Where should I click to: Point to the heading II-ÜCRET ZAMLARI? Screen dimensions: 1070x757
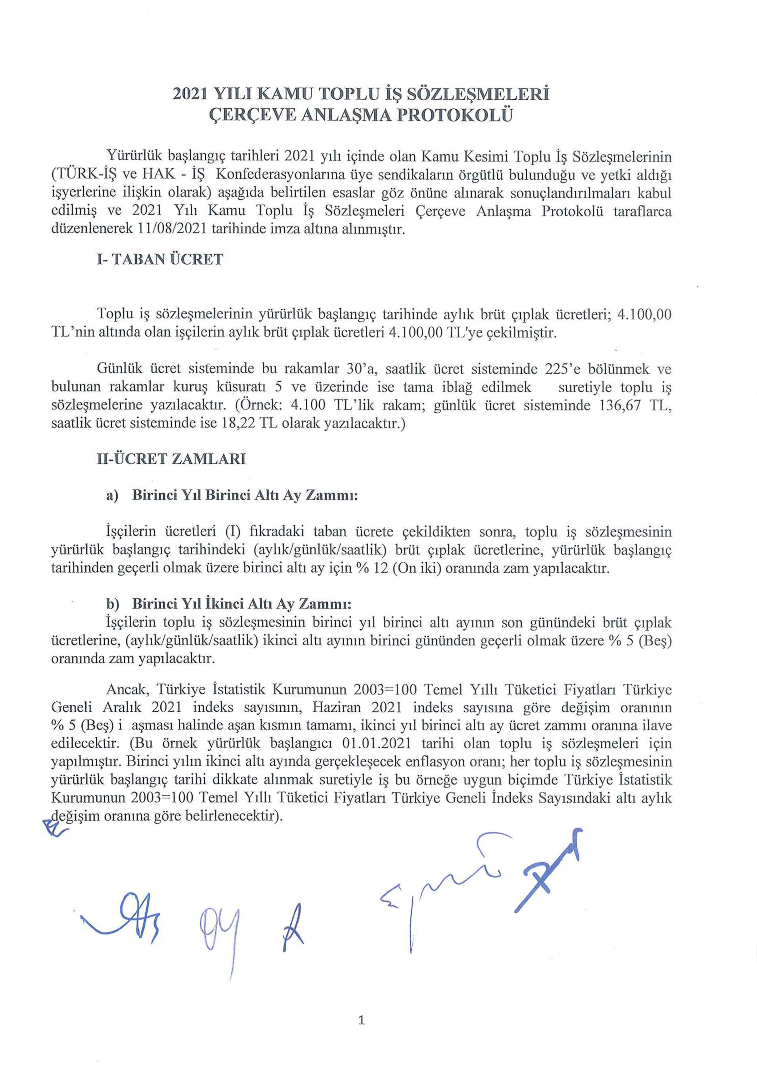tap(171, 459)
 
